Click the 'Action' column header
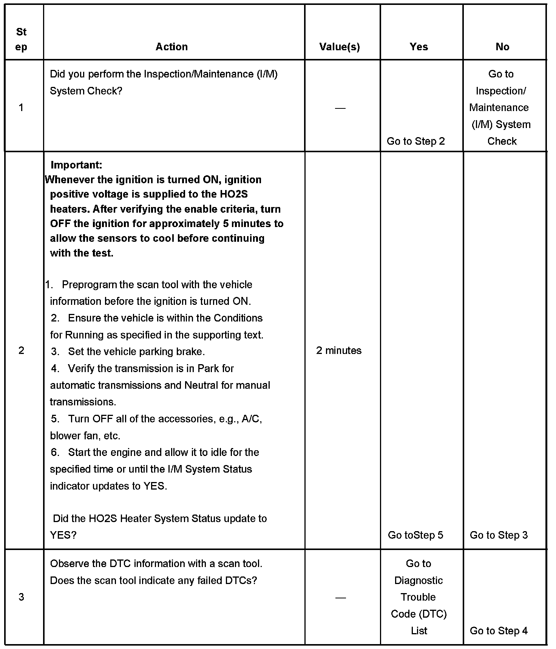click(171, 47)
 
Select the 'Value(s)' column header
click(339, 47)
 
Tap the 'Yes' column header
click(419, 47)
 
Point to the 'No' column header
click(502, 47)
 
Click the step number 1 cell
click(21, 108)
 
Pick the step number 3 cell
click(21, 597)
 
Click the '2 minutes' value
click(338, 351)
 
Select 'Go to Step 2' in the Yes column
click(415, 141)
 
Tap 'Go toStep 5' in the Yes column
click(415, 535)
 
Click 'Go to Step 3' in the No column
click(499, 535)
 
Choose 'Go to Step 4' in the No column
click(499, 630)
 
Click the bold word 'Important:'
click(76, 165)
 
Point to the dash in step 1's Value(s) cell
click(340, 108)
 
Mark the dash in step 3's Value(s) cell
click(340, 598)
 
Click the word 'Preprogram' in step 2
click(89, 284)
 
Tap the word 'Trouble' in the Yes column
click(418, 597)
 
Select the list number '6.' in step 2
click(55, 452)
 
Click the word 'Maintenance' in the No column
click(499, 108)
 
